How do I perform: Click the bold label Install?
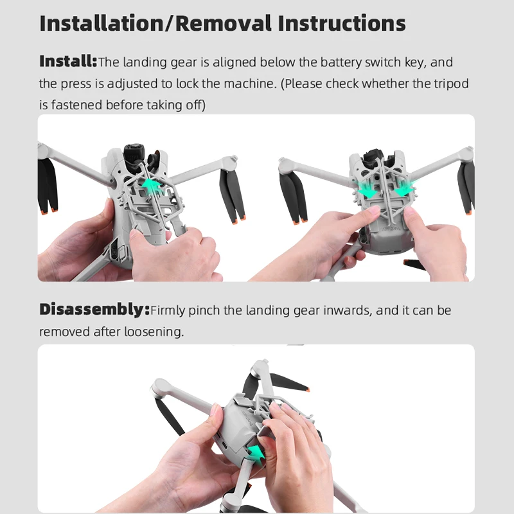(68, 62)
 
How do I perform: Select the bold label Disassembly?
(94, 310)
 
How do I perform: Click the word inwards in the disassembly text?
(339, 311)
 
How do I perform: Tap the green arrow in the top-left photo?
(152, 186)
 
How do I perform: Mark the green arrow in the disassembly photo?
(257, 454)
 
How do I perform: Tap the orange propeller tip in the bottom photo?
(307, 389)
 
